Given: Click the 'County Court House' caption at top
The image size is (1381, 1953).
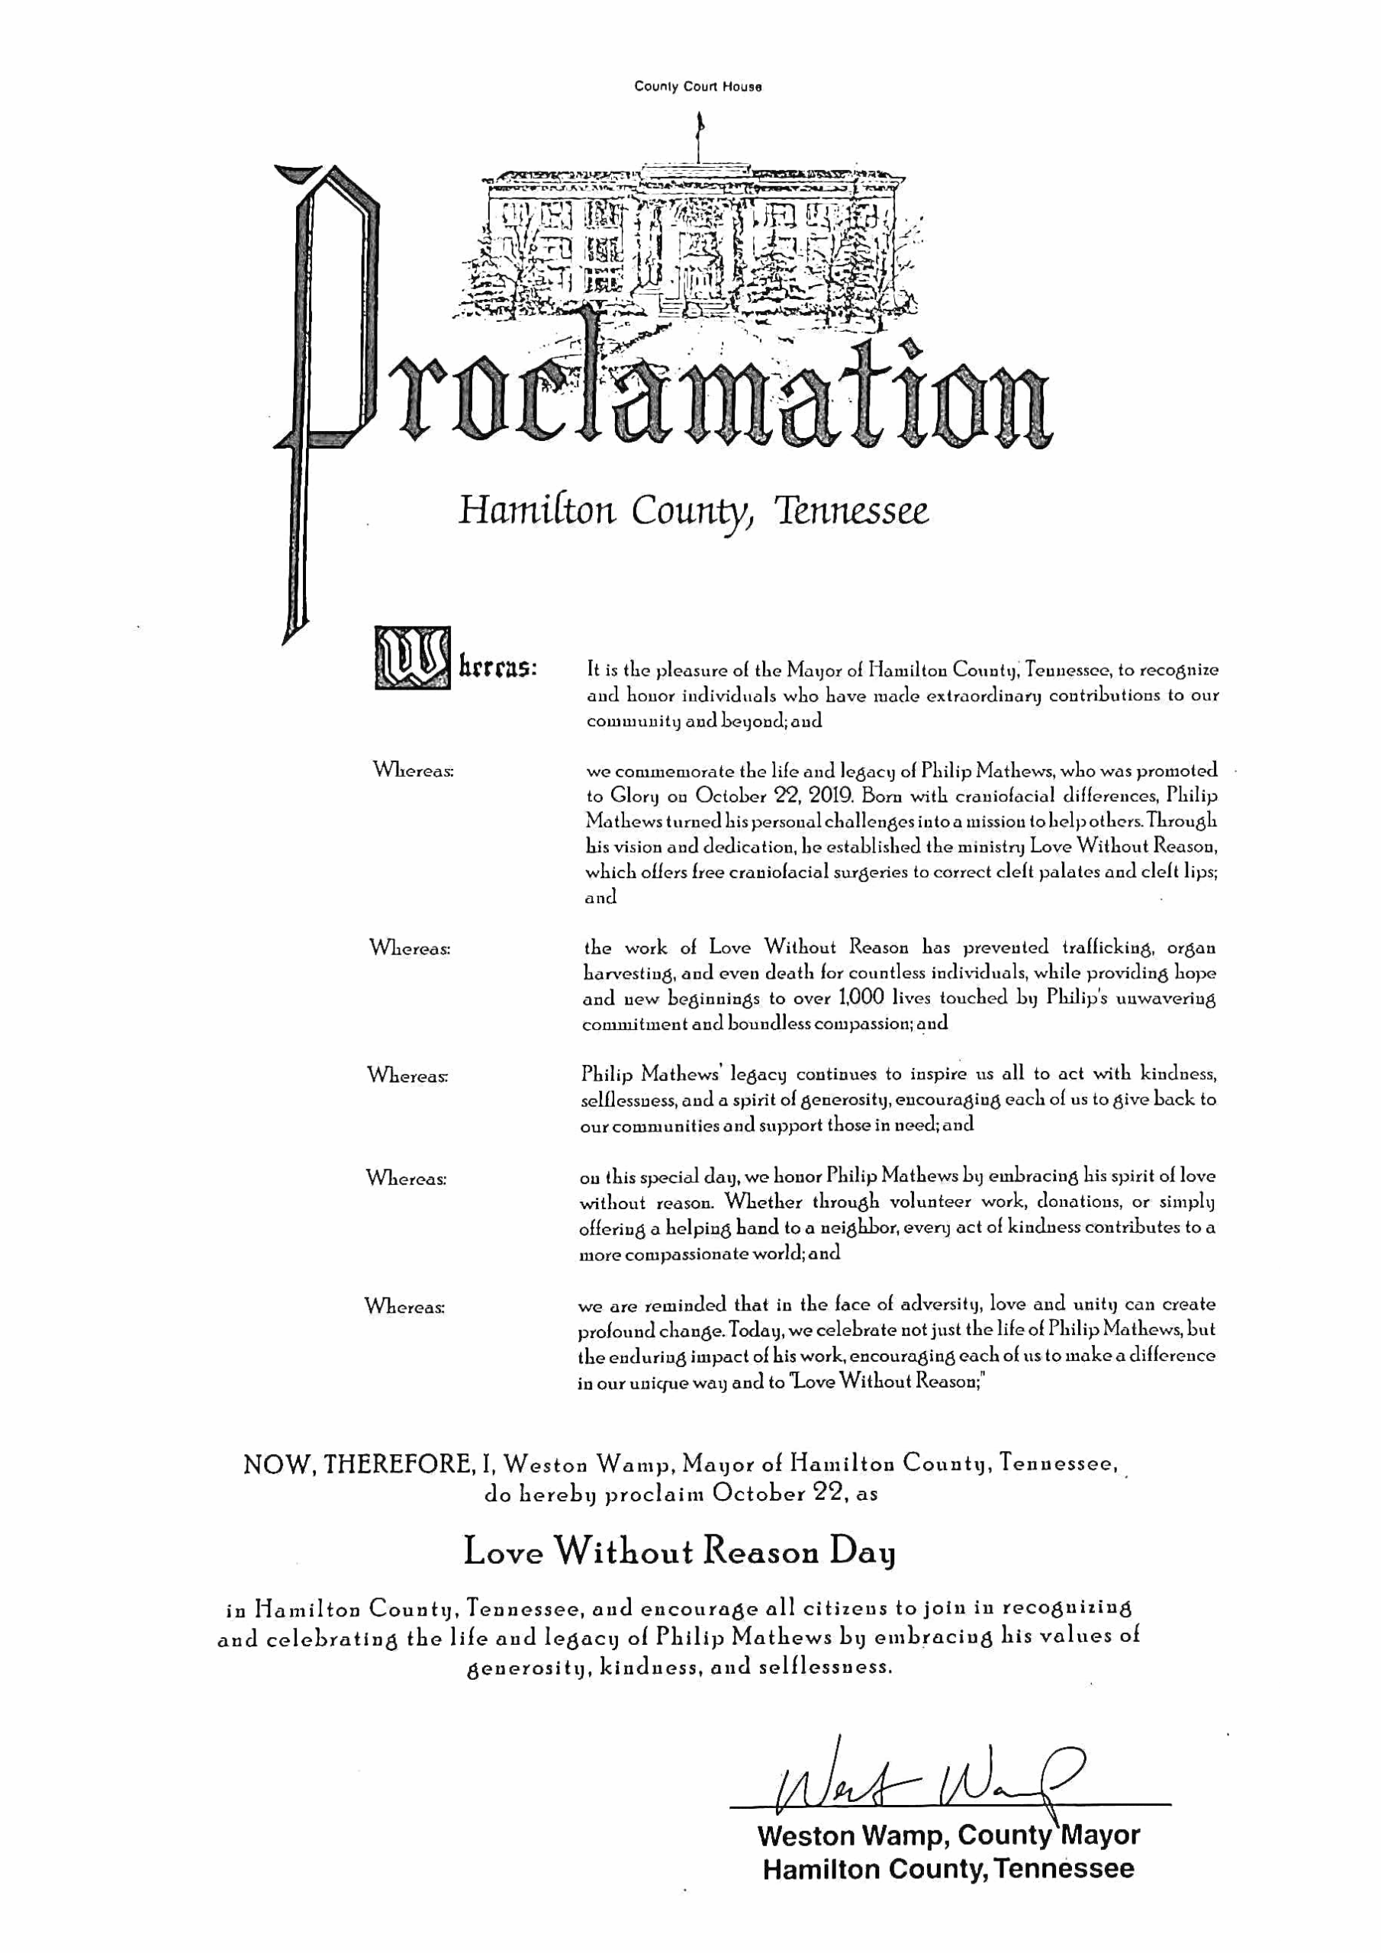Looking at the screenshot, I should (x=697, y=87).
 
